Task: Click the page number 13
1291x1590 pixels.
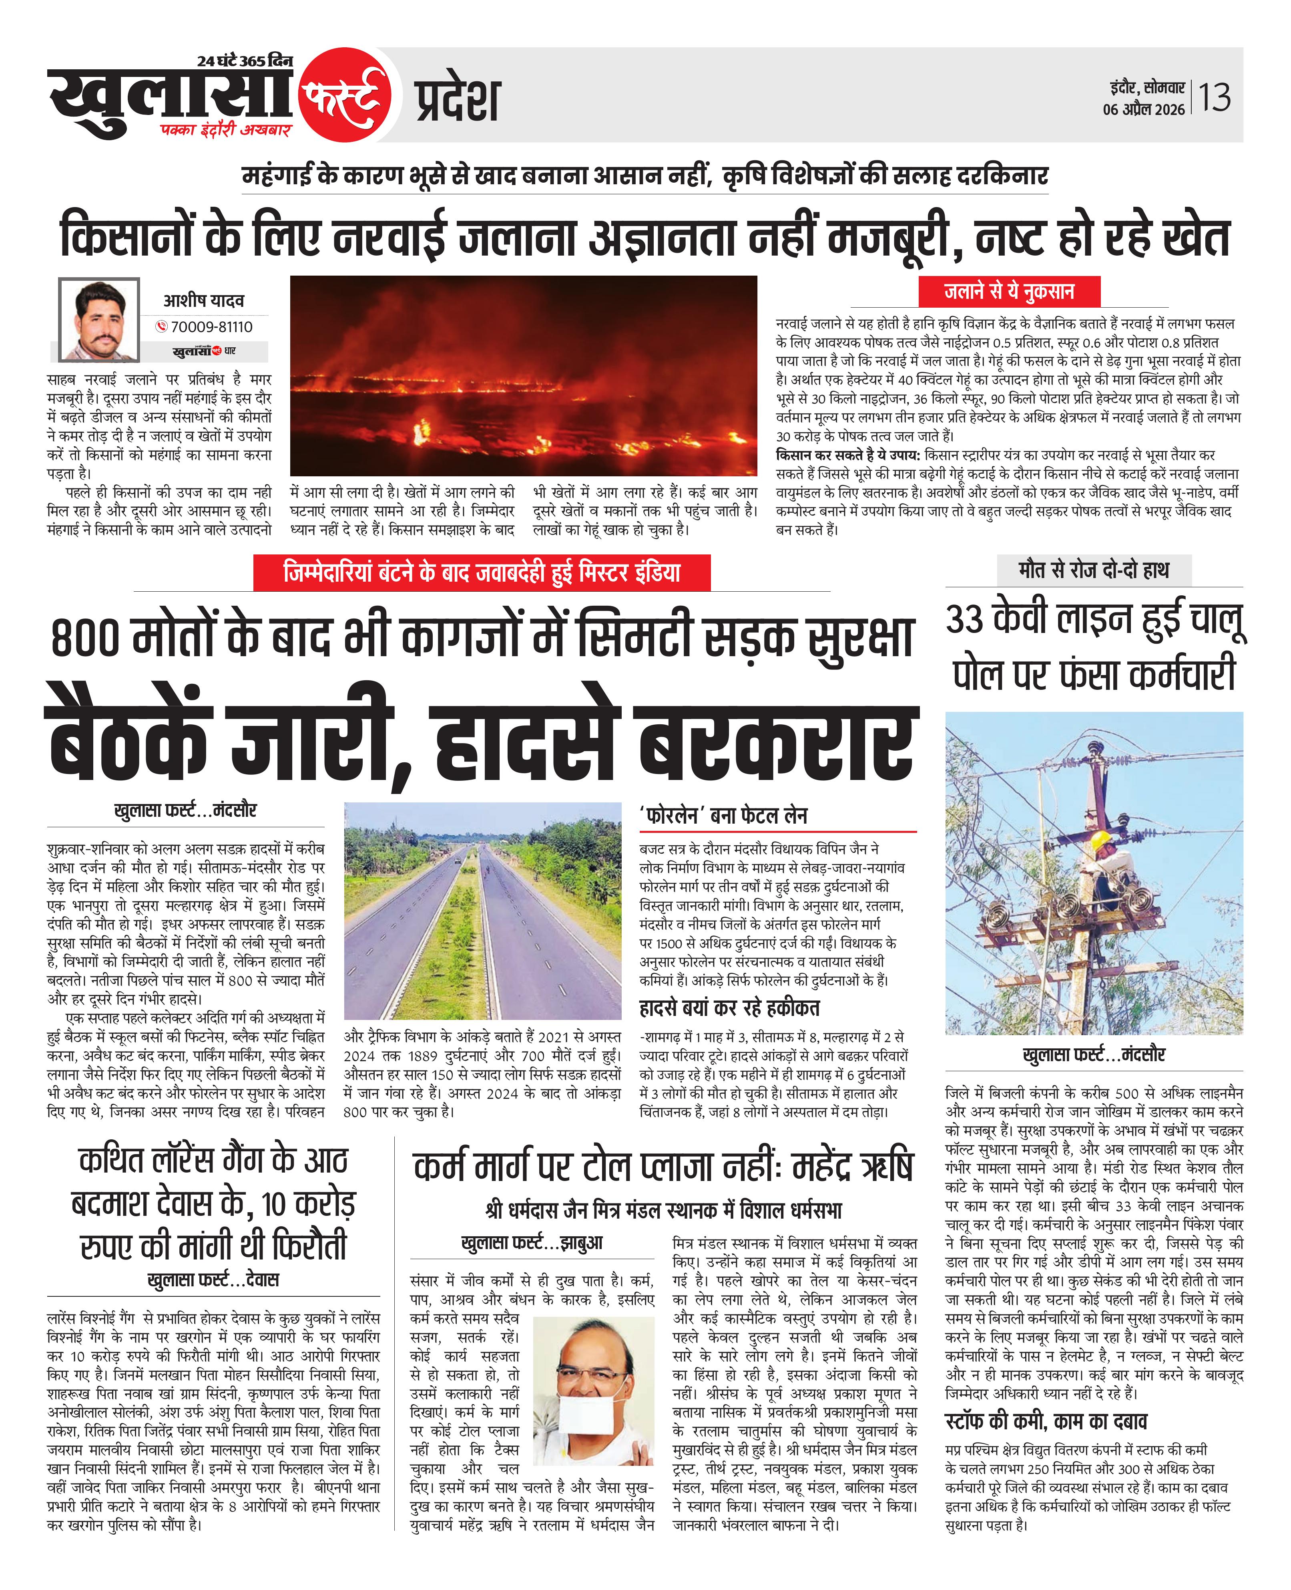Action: (x=1215, y=97)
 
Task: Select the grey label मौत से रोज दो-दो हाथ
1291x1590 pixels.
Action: (x=1093, y=570)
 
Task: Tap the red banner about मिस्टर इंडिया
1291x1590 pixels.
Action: (x=482, y=572)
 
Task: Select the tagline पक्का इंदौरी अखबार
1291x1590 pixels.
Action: (x=226, y=129)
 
